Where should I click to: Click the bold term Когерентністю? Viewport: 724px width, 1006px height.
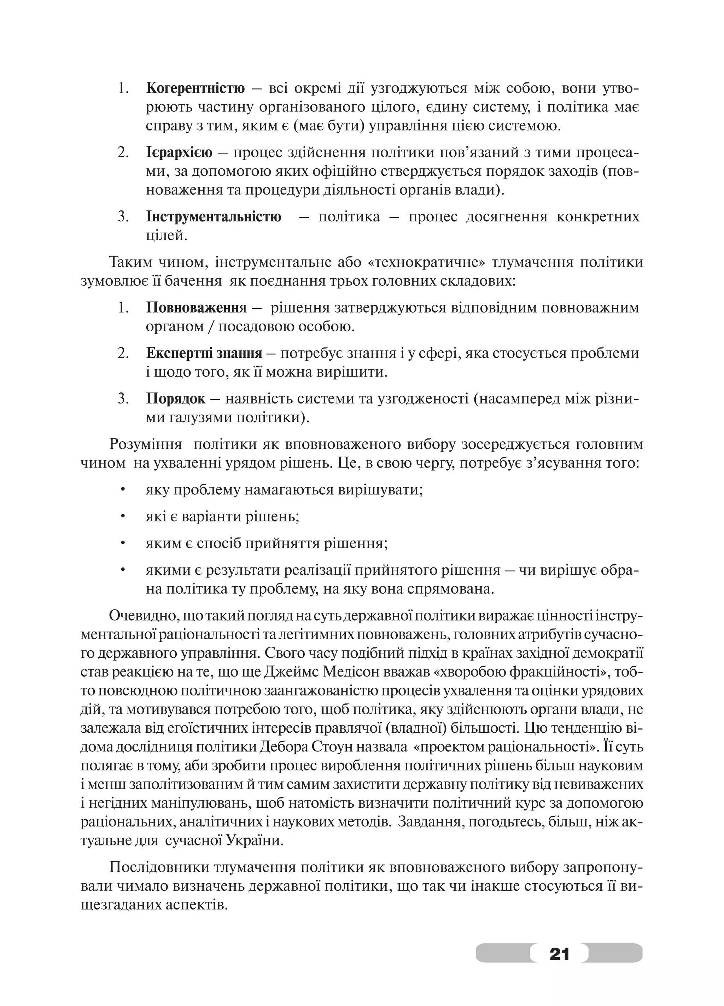point(195,89)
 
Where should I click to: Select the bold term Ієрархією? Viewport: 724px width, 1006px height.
point(179,153)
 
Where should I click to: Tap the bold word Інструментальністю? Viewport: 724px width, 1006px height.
point(213,216)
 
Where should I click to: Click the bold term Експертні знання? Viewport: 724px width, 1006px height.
point(204,353)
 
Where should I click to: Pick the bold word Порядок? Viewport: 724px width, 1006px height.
point(176,398)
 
